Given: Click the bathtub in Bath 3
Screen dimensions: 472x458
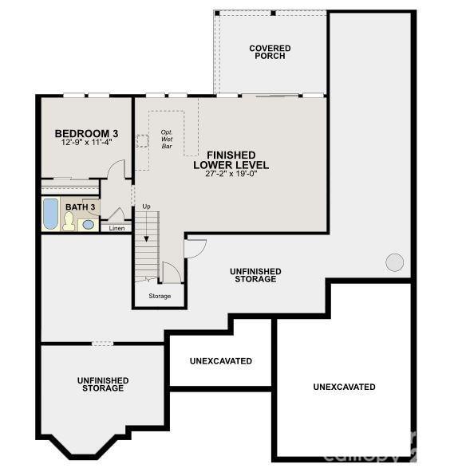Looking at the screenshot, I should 50,214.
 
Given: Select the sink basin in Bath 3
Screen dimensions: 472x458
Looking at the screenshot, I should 88,224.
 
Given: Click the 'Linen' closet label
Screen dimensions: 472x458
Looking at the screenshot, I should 116,228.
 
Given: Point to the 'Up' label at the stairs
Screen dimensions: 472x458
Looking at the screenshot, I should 146,206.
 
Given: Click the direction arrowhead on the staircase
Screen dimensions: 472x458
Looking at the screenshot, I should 146,238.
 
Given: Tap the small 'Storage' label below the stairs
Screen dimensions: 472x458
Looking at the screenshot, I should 160,296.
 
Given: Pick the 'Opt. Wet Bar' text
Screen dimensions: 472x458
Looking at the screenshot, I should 167,139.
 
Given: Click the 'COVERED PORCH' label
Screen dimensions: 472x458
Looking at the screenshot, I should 270,53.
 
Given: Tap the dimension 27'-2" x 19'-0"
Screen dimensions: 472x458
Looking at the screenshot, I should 231,175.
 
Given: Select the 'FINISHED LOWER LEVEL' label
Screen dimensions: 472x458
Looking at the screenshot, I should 231,159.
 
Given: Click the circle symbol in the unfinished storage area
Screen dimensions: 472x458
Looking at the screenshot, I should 395,262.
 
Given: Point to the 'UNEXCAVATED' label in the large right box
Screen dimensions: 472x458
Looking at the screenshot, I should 344,387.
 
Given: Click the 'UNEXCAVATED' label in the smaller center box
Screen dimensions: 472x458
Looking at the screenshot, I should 221,361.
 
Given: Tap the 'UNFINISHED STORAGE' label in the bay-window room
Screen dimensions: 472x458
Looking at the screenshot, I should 103,384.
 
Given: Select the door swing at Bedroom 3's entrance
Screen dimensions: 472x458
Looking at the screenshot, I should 117,169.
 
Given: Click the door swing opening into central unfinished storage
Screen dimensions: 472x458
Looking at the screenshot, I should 194,247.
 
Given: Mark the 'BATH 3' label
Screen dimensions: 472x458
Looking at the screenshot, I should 81,207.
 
